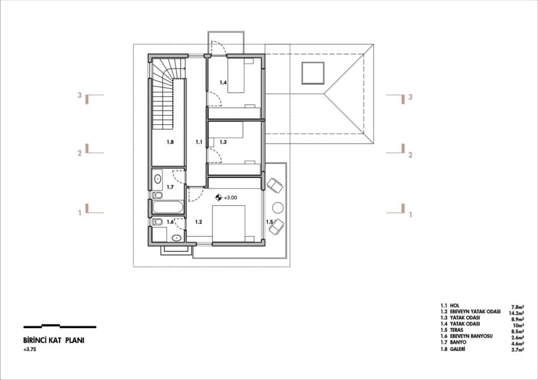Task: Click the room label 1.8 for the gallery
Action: tap(170, 142)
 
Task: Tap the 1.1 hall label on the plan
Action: tap(199, 142)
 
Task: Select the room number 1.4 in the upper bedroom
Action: tap(223, 82)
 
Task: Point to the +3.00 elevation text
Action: tap(231, 198)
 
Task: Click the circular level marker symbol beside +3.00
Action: tap(218, 198)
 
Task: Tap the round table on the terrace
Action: tap(278, 208)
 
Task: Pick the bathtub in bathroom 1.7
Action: tap(168, 207)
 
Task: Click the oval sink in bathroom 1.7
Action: tap(158, 179)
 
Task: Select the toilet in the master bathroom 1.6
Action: tap(158, 222)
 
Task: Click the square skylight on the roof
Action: tap(313, 73)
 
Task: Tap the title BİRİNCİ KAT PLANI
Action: tap(54, 340)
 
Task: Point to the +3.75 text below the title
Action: tap(30, 350)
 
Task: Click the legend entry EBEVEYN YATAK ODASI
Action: tap(475, 312)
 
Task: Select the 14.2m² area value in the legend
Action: tap(517, 313)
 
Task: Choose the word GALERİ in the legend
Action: tap(458, 349)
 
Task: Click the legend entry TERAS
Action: tap(456, 330)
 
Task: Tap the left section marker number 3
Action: tap(80, 95)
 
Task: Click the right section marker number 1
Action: tap(411, 215)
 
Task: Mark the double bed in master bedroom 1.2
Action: tap(229, 224)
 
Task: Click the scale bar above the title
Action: tap(60, 326)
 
